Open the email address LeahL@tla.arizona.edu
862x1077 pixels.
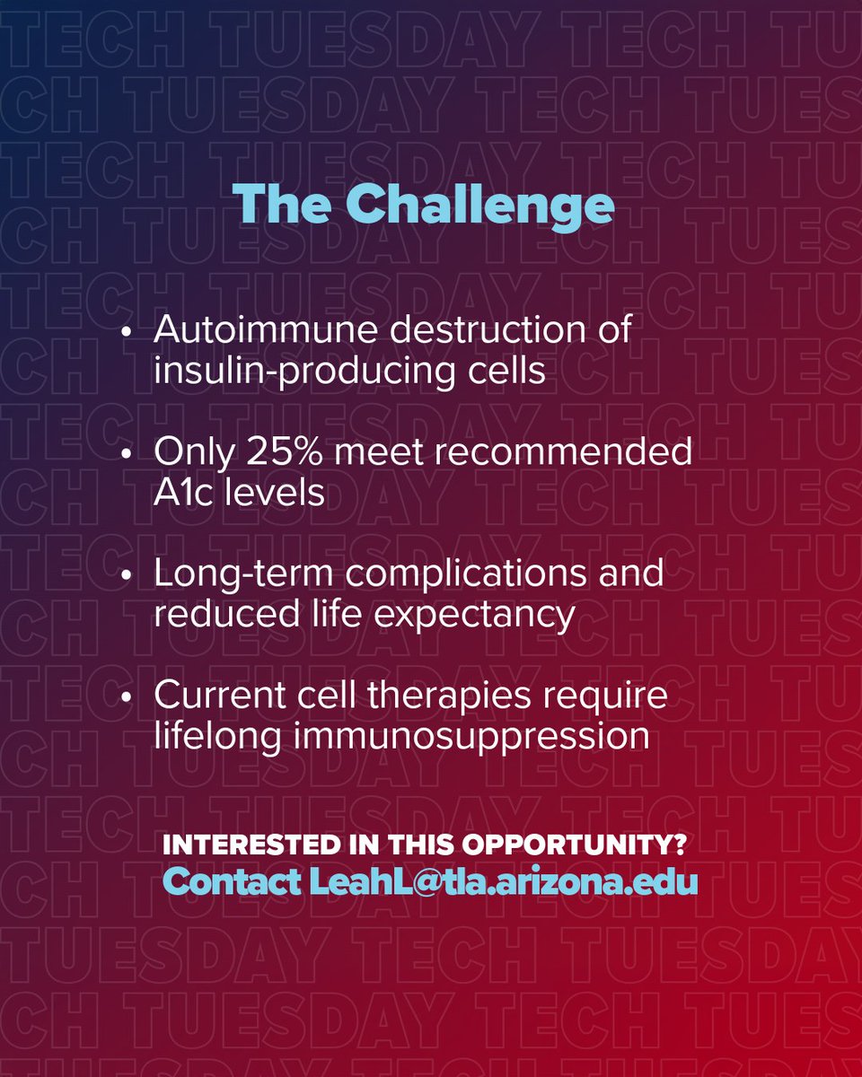[504, 881]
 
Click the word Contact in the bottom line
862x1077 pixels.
[233, 881]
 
